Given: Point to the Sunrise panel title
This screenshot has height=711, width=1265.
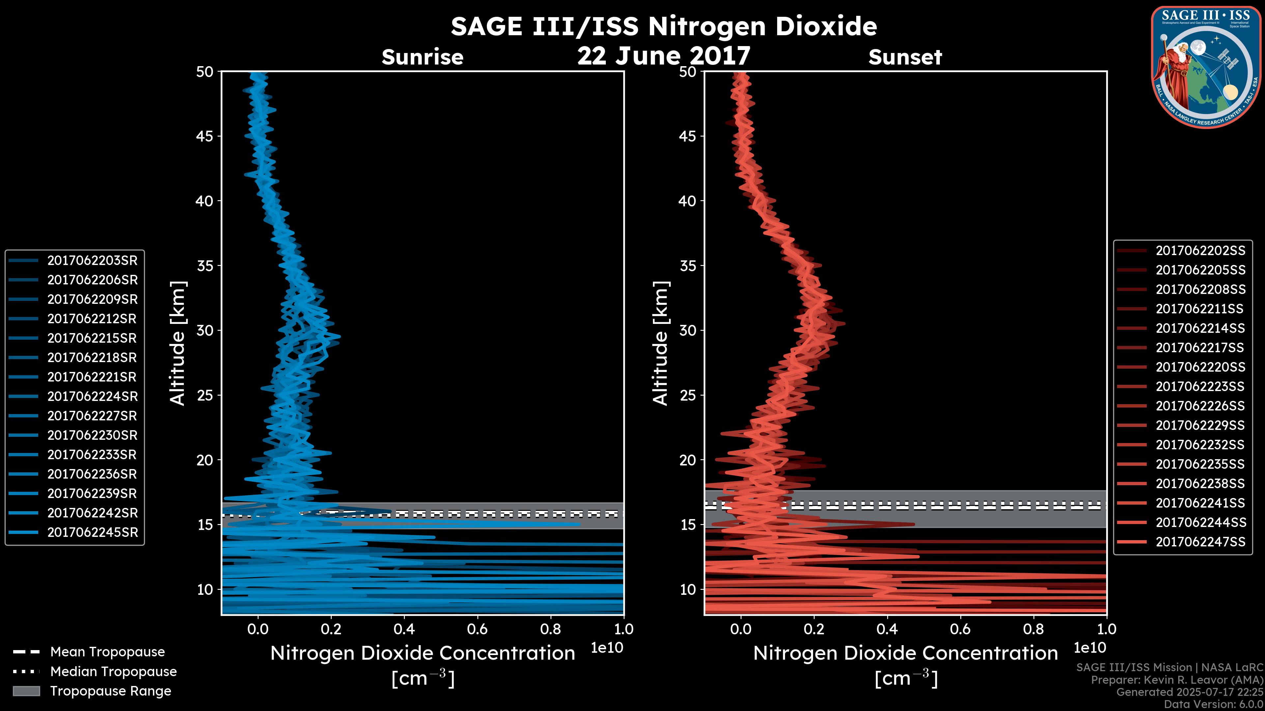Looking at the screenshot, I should (422, 57).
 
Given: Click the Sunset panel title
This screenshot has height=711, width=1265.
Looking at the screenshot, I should (905, 57).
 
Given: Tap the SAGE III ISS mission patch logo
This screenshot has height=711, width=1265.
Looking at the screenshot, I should (1206, 67).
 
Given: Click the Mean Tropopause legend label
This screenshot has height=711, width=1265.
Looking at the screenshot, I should (107, 652).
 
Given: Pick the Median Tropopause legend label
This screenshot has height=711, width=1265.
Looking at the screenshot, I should (113, 672).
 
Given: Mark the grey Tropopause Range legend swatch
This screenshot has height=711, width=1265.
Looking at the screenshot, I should (26, 691).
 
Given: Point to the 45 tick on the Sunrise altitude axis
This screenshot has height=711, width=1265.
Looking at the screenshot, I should (205, 136).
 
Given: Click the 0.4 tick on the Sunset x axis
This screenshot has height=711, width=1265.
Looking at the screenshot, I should (887, 629).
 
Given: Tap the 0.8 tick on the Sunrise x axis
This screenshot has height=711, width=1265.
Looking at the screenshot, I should (550, 629).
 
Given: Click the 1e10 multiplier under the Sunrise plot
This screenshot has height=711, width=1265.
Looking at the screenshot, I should (607, 648).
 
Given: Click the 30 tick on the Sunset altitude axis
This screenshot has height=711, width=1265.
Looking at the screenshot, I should (688, 331).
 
